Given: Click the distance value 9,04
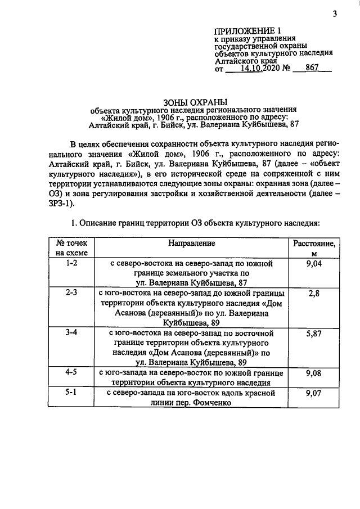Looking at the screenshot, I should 313,263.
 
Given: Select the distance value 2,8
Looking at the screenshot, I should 313,293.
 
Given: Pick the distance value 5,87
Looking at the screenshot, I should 313,333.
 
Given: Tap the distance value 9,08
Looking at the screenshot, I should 313,372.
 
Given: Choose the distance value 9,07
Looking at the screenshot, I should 313,393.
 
